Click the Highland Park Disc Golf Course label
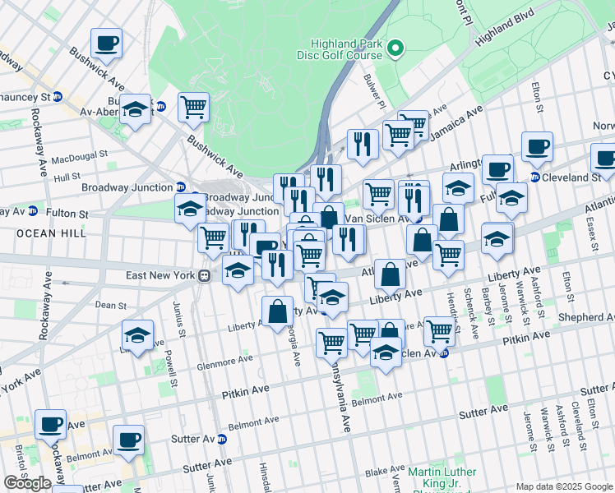point(345,49)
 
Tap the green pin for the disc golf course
point(395,49)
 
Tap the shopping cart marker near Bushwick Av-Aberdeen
point(193,107)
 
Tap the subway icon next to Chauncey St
point(58,96)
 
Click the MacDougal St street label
point(80,154)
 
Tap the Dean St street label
point(110,304)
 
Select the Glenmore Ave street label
point(223,360)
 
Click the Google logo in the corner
point(27,483)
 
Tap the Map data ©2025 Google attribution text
point(564,486)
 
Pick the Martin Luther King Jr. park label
point(443,477)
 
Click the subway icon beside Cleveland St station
point(534,177)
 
